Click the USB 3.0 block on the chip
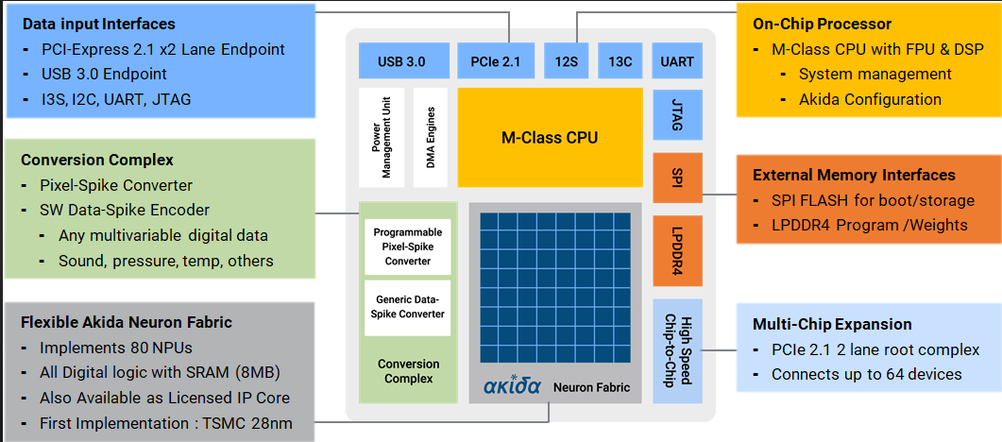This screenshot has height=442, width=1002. tap(401, 62)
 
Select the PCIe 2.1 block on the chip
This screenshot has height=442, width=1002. tap(495, 62)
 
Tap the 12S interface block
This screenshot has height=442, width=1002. tap(566, 62)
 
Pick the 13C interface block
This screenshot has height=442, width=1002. tap(620, 62)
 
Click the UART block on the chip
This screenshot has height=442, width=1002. tap(677, 62)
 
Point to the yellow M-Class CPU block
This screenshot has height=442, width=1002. tap(549, 138)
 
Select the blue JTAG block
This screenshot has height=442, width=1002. tap(677, 115)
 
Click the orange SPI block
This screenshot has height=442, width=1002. tap(677, 178)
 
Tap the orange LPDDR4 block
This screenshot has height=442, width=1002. tap(677, 250)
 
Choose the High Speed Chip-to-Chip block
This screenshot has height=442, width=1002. tap(677, 350)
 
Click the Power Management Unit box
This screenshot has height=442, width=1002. tap(382, 138)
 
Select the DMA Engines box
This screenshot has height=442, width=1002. tap(432, 138)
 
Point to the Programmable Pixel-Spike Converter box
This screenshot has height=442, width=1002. tap(408, 246)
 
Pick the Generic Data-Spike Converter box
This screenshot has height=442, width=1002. tap(408, 307)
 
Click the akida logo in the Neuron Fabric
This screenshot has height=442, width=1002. tap(512, 386)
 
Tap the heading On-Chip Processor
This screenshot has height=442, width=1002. tap(822, 24)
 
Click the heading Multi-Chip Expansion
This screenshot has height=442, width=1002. tap(832, 324)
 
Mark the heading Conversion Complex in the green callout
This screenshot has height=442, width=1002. tap(97, 160)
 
